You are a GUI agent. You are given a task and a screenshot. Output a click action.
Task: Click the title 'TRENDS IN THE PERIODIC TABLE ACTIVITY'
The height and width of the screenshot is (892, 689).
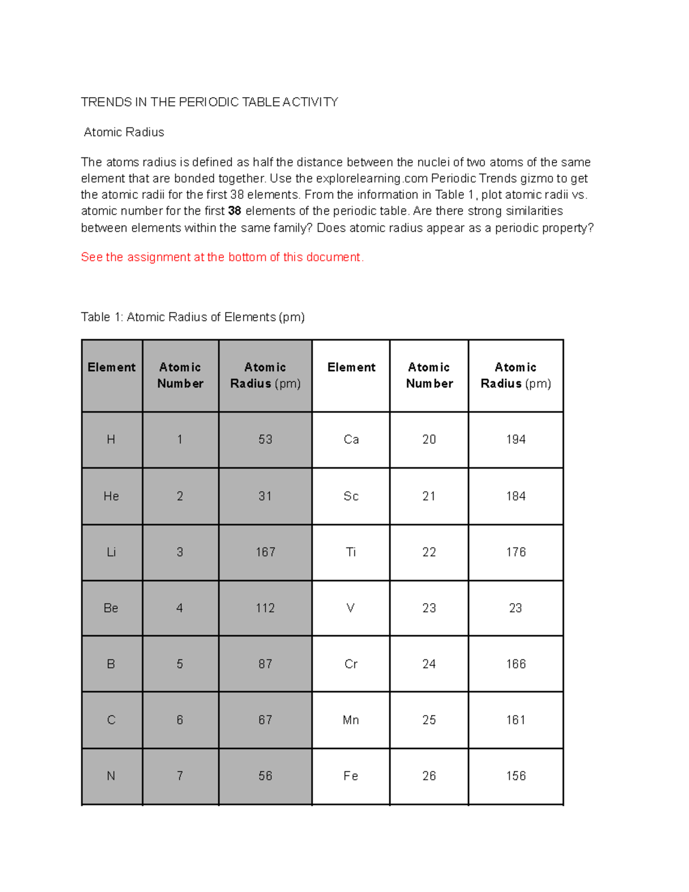click(210, 102)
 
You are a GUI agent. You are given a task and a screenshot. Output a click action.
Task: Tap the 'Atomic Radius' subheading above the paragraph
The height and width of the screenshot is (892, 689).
click(124, 132)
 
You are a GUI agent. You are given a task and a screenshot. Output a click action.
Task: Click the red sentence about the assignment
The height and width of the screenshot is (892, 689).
click(222, 257)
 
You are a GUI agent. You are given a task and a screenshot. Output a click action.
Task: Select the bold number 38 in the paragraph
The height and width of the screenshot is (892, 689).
click(234, 211)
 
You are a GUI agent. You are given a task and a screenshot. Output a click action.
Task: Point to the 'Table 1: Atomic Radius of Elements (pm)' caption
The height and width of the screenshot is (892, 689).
click(192, 317)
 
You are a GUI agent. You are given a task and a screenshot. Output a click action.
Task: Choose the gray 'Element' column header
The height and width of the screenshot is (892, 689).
click(111, 368)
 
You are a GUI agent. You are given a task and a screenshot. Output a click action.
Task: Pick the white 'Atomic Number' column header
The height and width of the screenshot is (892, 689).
click(429, 375)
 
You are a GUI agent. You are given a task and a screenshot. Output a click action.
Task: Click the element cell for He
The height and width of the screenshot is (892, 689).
click(111, 496)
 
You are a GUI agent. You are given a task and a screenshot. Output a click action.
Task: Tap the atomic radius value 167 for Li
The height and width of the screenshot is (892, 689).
click(265, 552)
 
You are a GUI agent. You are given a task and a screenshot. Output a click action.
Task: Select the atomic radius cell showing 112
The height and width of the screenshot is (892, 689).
click(265, 608)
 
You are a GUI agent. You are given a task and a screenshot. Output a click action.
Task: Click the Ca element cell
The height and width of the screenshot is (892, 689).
click(351, 439)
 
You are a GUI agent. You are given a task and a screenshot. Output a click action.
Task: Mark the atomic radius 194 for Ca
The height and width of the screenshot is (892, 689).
click(516, 439)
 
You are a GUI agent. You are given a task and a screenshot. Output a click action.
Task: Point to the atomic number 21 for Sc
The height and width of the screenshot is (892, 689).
click(429, 496)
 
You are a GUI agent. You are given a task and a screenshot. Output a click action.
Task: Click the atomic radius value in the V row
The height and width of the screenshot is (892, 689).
click(516, 608)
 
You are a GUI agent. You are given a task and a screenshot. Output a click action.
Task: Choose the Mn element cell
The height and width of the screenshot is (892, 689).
click(351, 720)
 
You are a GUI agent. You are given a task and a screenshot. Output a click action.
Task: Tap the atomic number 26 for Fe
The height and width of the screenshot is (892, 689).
click(429, 776)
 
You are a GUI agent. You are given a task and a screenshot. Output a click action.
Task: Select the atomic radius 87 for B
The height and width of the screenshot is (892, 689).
click(265, 664)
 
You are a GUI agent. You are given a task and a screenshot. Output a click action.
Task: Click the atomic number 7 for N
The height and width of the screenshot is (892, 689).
click(180, 776)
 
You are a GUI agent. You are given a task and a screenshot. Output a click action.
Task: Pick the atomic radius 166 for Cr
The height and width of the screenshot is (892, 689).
click(516, 664)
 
